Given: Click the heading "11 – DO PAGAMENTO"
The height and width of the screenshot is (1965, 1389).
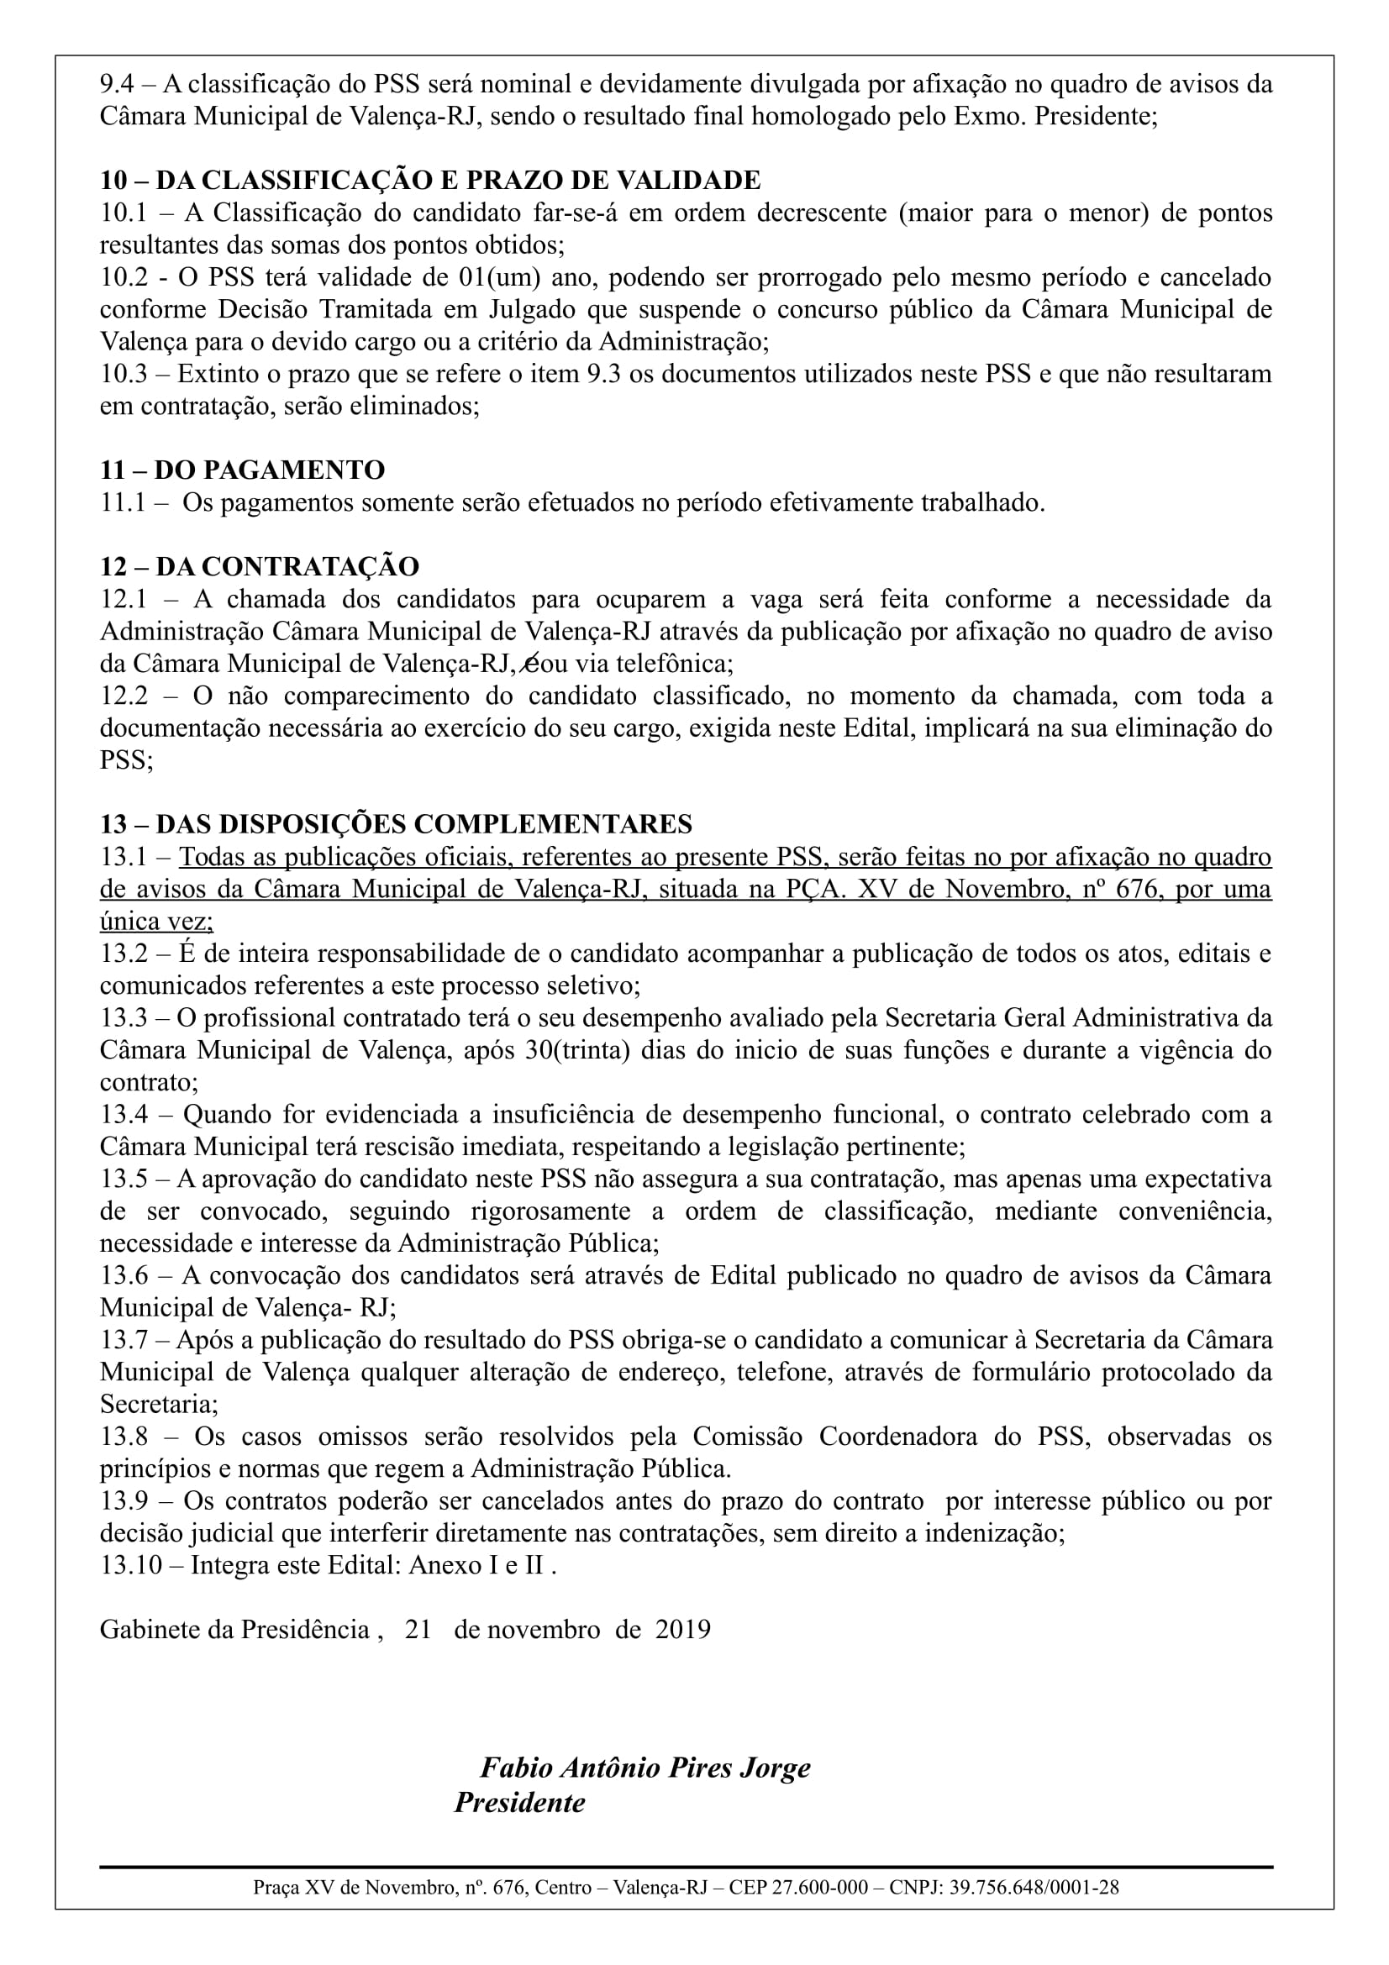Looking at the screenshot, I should (242, 470).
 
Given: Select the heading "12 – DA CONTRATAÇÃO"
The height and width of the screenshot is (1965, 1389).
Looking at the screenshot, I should (260, 566).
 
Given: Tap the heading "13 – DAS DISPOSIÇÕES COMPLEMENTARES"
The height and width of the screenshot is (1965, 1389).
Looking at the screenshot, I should (396, 824).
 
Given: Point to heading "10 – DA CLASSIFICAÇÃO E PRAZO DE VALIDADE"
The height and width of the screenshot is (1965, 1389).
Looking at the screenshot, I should (429, 181).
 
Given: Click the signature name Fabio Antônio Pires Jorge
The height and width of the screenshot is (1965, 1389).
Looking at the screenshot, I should (645, 1768).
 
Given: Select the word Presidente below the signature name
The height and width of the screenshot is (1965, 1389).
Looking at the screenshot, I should (519, 1802).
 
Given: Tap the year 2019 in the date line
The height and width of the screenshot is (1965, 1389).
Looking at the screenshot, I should (683, 1629).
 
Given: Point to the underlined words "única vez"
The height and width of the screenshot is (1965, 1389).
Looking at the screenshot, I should (155, 922).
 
